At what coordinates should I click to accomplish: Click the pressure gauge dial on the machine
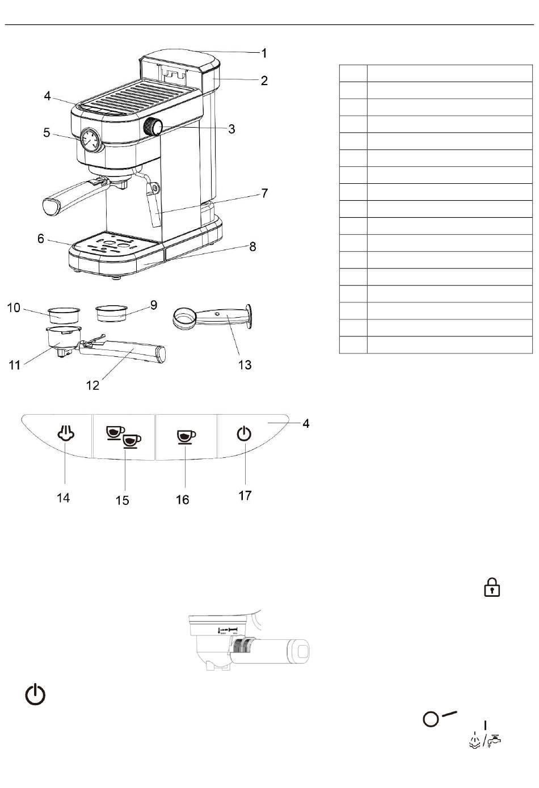90,140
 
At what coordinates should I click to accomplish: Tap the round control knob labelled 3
153,127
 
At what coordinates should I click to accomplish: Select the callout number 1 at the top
263,53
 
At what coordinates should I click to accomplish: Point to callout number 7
264,193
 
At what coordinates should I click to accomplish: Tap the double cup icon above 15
124,437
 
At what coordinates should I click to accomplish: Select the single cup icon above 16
186,437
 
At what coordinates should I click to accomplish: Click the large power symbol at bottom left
35,694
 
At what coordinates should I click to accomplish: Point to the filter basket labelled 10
64,315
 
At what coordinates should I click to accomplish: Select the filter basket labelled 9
111,313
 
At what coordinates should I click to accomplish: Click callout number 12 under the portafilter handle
92,386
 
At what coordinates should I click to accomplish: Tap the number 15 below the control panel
123,500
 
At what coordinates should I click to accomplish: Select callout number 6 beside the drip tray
41,238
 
